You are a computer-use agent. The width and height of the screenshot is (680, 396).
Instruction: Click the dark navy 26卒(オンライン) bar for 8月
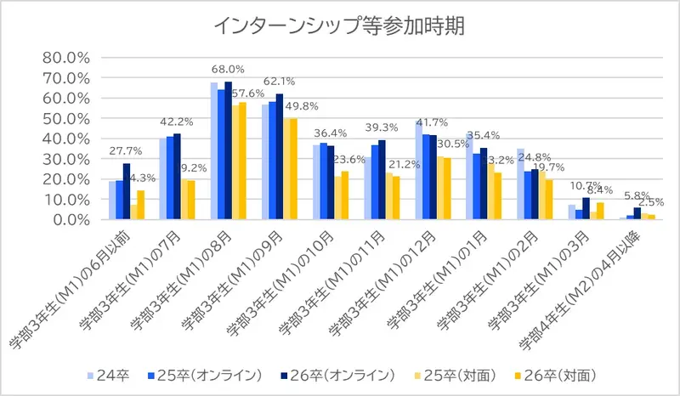pyautogui.click(x=228, y=150)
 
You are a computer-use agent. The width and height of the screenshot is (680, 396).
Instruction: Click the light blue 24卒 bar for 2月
pyautogui.click(x=520, y=184)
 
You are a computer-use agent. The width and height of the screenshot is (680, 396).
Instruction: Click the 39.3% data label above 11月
pyautogui.click(x=381, y=127)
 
